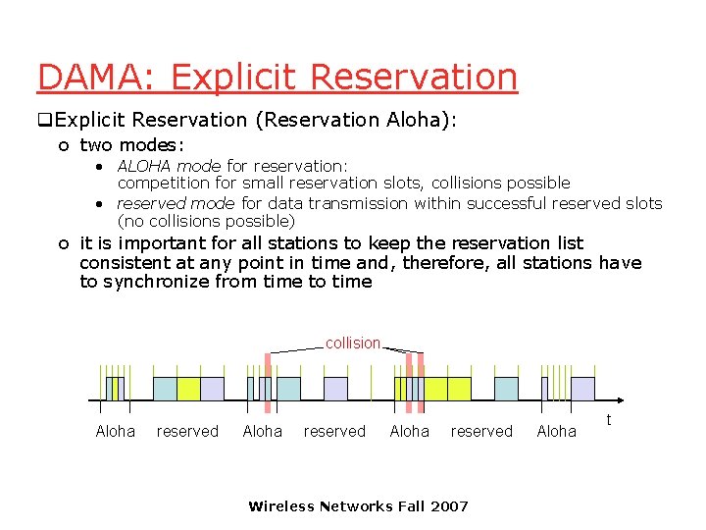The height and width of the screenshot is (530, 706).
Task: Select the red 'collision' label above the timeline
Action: pos(352,343)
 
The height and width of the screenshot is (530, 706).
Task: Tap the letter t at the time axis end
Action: pos(609,419)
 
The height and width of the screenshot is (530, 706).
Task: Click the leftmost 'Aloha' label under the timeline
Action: pos(115,432)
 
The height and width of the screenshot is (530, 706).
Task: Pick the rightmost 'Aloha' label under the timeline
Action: pos(556,432)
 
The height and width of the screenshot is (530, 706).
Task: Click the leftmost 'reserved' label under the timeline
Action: pos(187,432)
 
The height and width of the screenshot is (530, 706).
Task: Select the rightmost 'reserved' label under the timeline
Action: pos(480,432)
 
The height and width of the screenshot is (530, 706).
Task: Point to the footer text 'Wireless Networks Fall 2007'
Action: pos(358,506)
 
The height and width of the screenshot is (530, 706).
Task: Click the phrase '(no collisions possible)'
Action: pos(206,221)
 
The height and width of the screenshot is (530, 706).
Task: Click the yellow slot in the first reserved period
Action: pos(188,389)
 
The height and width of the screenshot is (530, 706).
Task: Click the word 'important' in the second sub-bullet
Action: pos(162,242)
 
